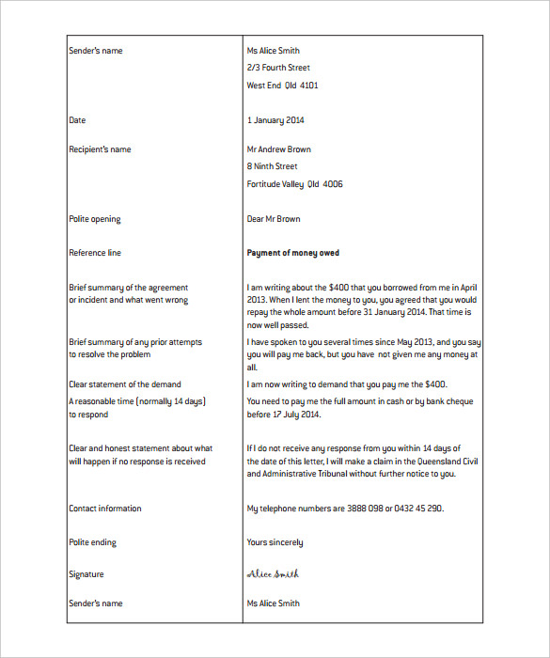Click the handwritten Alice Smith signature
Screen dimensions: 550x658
pos(273,574)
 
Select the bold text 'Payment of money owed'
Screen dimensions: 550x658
pos(292,253)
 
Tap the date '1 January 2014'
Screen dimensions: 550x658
pos(275,120)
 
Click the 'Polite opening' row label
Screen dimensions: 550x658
pos(94,219)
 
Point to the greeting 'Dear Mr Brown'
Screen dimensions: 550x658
pos(274,219)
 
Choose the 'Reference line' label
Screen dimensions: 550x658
pos(95,253)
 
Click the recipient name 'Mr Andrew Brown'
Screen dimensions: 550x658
pos(278,149)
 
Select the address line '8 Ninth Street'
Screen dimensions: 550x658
pos(272,166)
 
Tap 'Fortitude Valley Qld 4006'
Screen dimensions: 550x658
pos(294,184)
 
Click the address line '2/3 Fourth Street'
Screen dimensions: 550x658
pos(278,68)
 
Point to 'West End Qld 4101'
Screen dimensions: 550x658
pos(282,86)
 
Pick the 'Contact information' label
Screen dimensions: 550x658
pos(105,509)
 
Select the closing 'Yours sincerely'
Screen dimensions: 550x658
pos(275,542)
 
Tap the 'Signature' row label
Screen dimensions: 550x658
pos(86,574)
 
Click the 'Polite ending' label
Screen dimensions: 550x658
pos(92,542)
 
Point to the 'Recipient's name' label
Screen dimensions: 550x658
pos(100,149)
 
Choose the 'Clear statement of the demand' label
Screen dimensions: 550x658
pos(125,384)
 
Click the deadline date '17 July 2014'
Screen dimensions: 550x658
pos(294,414)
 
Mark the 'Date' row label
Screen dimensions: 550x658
pos(77,120)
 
